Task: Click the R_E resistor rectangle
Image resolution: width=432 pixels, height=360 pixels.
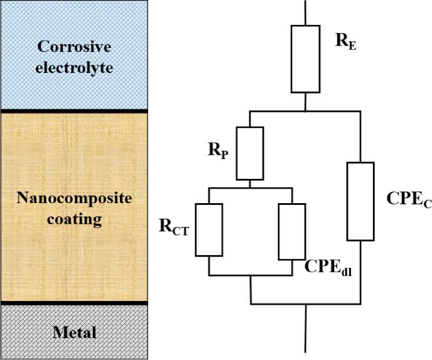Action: [305, 58]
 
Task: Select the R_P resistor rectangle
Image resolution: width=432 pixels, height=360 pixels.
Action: [250, 153]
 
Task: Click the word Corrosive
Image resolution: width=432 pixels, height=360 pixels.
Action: [74, 47]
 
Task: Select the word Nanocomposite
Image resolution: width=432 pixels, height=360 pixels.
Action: [74, 199]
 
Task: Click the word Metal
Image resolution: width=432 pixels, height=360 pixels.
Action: [74, 332]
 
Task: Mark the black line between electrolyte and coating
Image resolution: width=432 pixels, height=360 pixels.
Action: [74, 111]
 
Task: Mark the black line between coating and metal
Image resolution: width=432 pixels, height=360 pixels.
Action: [74, 303]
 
